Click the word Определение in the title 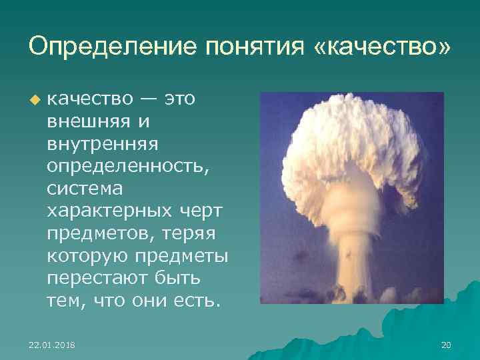coord(105,47)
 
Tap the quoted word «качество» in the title coord(379,47)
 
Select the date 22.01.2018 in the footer coord(52,345)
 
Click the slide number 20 coord(446,345)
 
